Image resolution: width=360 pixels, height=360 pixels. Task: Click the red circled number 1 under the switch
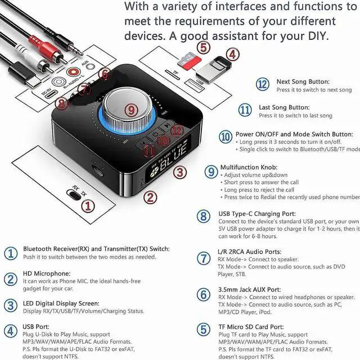coord(86,206)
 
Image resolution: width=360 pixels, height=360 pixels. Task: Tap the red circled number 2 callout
coord(149,197)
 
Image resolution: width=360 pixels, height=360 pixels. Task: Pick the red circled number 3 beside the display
coord(179,172)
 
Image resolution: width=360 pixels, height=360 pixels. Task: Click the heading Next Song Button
coord(303,82)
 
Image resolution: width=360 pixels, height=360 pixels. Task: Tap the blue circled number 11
coord(245,110)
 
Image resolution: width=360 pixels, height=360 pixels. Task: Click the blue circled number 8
coord(203,217)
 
